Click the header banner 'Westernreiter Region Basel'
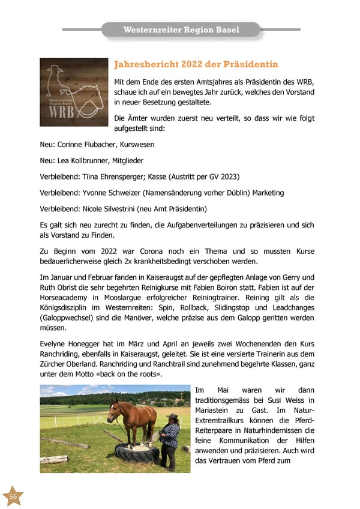(181, 30)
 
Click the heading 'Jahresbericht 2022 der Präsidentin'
(196, 64)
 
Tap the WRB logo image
(74, 92)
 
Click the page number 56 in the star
(13, 496)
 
